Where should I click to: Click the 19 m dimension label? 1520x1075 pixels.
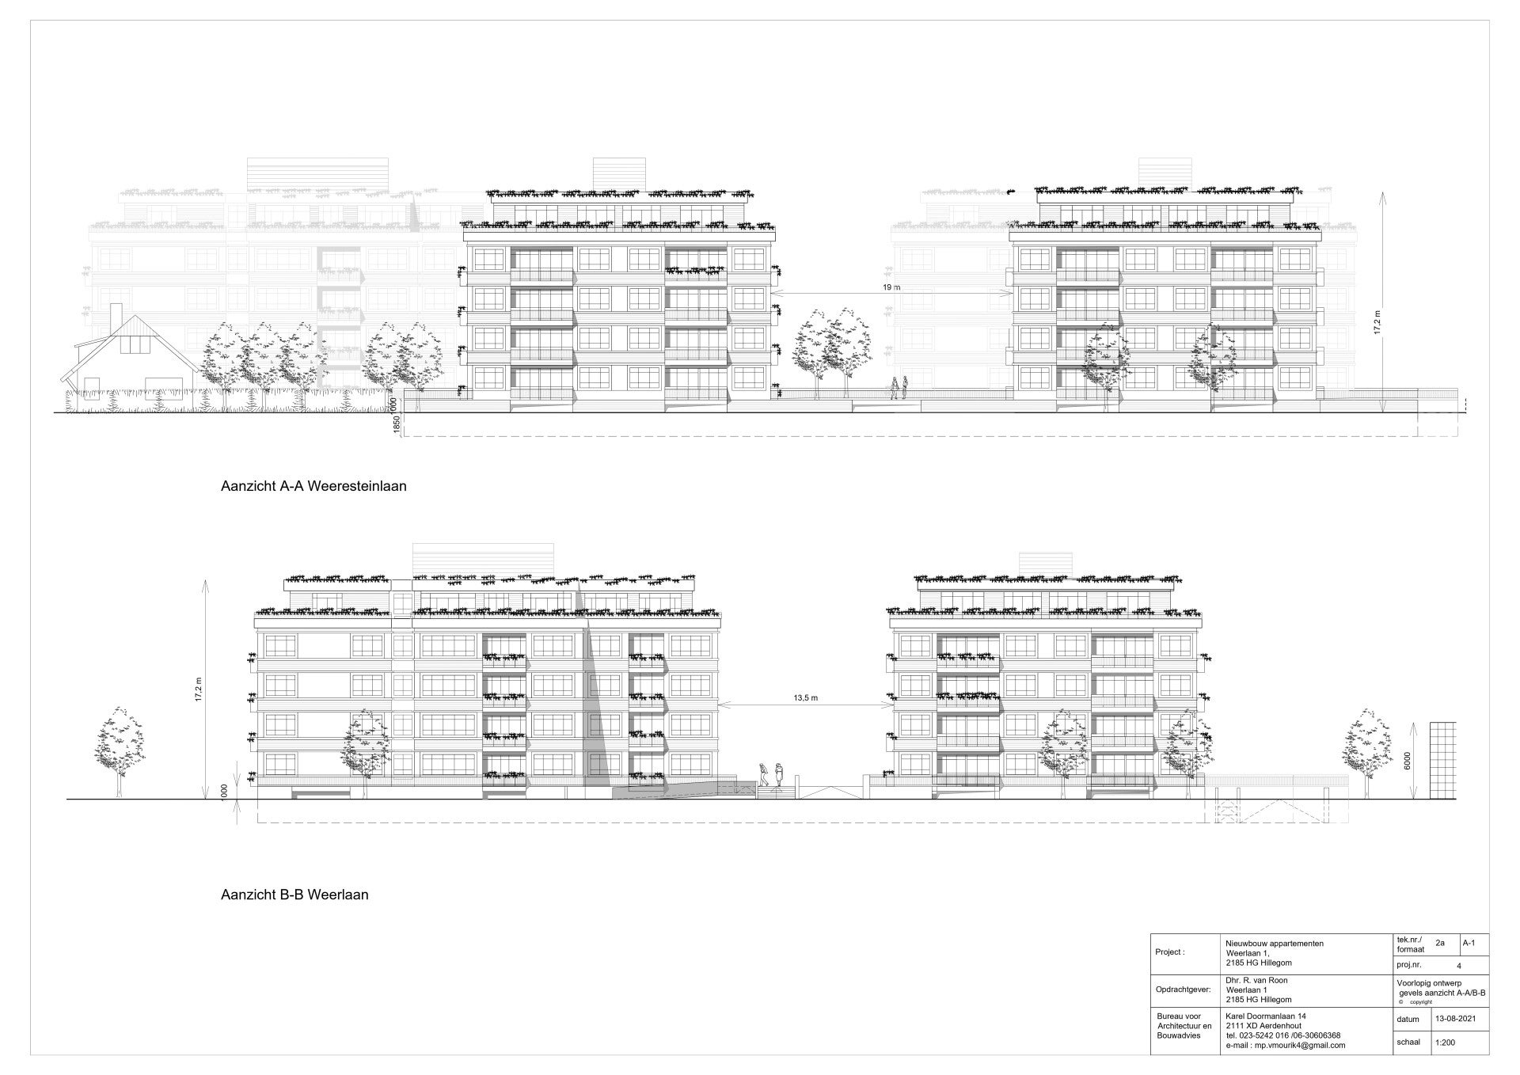(x=891, y=287)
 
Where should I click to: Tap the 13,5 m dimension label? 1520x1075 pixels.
(x=805, y=698)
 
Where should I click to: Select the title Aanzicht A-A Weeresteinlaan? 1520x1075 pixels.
(x=313, y=486)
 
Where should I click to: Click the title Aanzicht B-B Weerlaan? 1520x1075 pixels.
(x=294, y=895)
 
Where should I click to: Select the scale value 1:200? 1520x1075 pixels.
(x=1445, y=1043)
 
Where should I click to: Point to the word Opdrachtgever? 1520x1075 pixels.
(x=1183, y=989)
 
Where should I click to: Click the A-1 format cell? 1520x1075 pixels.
(x=1469, y=943)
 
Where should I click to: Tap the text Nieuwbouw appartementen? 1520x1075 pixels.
(x=1274, y=944)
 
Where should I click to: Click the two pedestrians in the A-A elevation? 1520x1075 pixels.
(x=899, y=388)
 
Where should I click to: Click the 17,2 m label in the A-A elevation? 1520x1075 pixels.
(x=1377, y=323)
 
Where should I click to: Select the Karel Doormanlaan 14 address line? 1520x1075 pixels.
(x=1267, y=1016)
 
